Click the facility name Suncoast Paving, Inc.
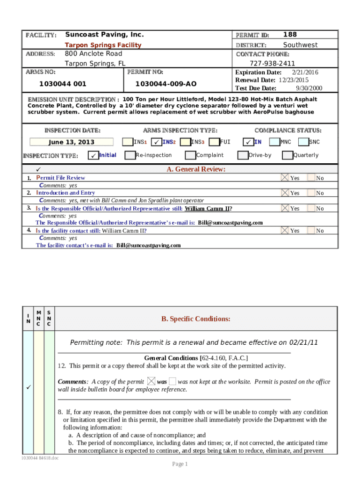coord(104,35)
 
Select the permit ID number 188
coord(290,35)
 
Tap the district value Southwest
coord(300,45)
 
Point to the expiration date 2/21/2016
coord(305,73)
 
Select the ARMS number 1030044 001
coord(63,84)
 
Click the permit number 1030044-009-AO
coord(166,84)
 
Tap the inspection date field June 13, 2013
coord(72,142)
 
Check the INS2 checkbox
coord(158,142)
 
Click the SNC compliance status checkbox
coord(303,142)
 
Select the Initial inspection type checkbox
coord(94,155)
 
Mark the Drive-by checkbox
coord(243,155)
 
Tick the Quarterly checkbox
coord(288,155)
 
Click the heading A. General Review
coord(196,169)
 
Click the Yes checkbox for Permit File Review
coord(285,178)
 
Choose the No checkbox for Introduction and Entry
coord(311,193)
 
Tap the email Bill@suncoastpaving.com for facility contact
coord(148,245)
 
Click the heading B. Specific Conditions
coord(195,319)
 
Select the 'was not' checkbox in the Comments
coord(173,382)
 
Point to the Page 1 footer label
coord(180,464)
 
